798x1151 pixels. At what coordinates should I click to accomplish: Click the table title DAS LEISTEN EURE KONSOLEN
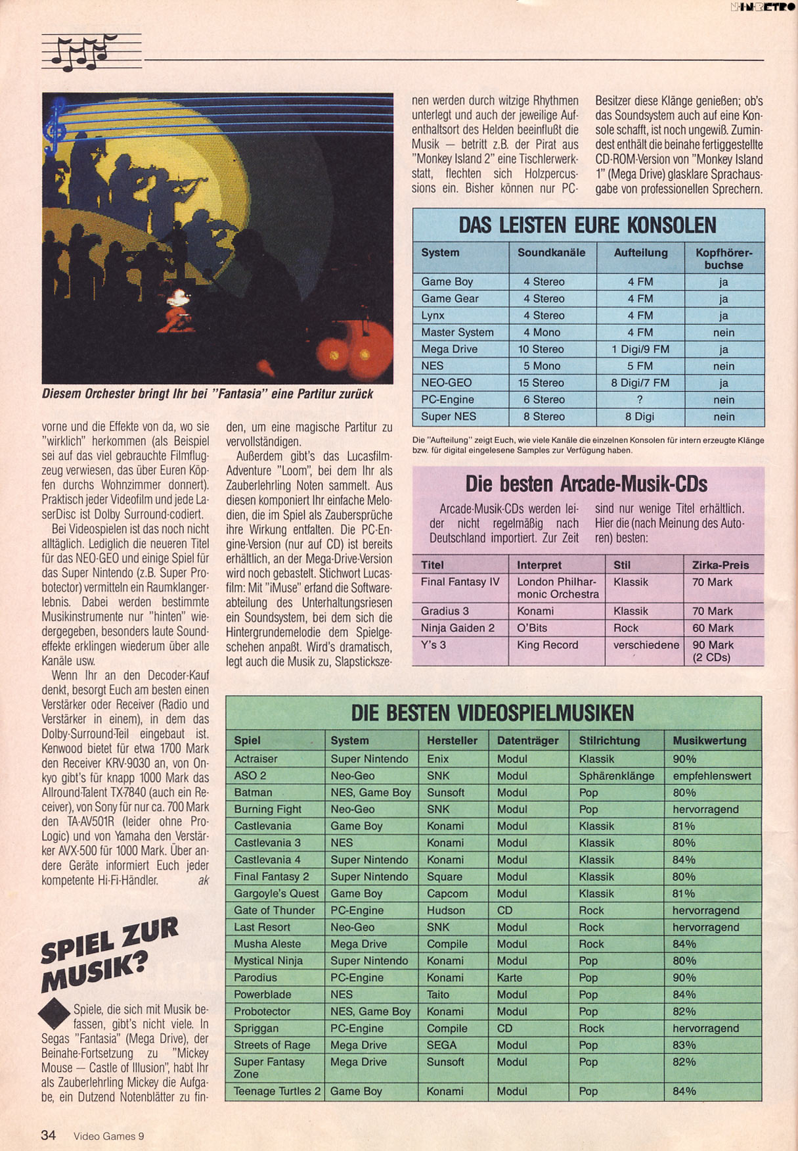pyautogui.click(x=587, y=225)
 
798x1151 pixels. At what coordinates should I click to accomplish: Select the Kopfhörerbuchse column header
pyautogui.click(x=723, y=259)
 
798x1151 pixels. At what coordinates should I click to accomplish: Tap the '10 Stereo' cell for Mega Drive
pyautogui.click(x=541, y=349)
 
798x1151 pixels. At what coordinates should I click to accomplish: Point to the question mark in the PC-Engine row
pyautogui.click(x=640, y=400)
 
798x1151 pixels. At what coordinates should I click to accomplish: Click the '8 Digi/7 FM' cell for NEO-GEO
pyautogui.click(x=640, y=383)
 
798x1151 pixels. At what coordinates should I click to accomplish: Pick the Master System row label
pyautogui.click(x=457, y=333)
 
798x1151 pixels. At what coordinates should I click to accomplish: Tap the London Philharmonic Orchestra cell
pyautogui.click(x=558, y=588)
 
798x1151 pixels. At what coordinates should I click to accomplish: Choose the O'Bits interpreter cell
pyautogui.click(x=532, y=628)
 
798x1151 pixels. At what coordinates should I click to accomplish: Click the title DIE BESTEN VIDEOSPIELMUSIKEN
pyautogui.click(x=493, y=713)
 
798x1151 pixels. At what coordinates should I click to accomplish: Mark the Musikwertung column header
pyautogui.click(x=709, y=741)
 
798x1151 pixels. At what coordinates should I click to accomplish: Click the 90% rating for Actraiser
pyautogui.click(x=684, y=759)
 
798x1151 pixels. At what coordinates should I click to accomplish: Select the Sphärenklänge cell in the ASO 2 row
pyautogui.click(x=616, y=776)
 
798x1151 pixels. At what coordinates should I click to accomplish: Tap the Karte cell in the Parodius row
pyautogui.click(x=510, y=977)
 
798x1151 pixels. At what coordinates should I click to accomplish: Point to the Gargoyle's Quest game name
pyautogui.click(x=276, y=893)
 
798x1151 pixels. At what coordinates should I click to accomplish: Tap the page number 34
pyautogui.click(x=48, y=1135)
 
